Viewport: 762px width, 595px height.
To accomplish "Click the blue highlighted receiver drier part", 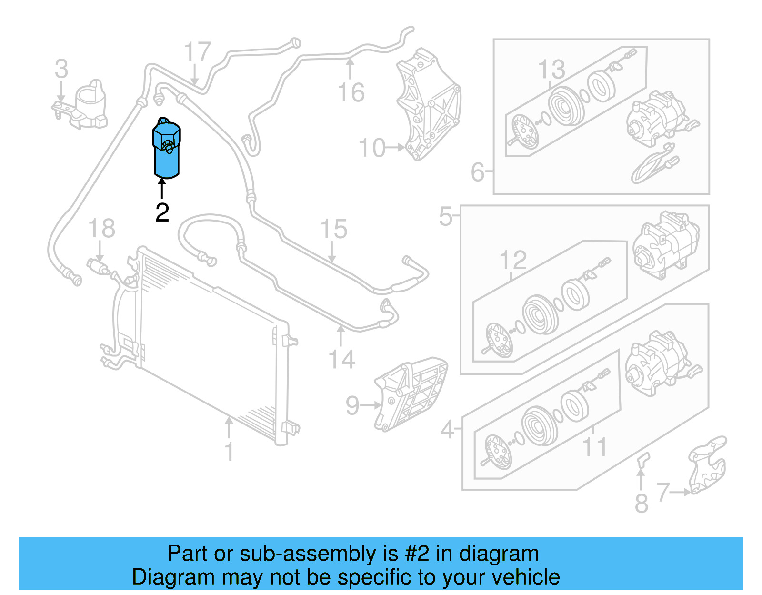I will pyautogui.click(x=166, y=152).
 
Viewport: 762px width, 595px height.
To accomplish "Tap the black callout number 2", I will pyautogui.click(x=162, y=212).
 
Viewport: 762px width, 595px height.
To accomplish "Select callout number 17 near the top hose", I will pyautogui.click(x=197, y=52).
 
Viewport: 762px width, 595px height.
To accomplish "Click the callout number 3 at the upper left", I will pyautogui.click(x=61, y=69).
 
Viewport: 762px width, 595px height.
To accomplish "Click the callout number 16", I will pyautogui.click(x=351, y=92).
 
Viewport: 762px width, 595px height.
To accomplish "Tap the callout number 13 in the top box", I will pyautogui.click(x=551, y=70).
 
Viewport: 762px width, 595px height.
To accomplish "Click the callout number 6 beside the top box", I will pyautogui.click(x=477, y=172).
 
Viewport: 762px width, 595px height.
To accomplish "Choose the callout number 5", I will pyautogui.click(x=445, y=217).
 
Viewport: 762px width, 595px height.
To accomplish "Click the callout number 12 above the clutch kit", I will pyautogui.click(x=513, y=261).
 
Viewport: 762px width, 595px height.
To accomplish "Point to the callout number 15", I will pyautogui.click(x=334, y=230).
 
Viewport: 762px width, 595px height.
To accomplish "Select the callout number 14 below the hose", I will pyautogui.click(x=341, y=360).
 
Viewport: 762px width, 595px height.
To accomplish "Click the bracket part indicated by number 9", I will pyautogui.click(x=412, y=395).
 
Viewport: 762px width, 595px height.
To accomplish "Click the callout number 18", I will pyautogui.click(x=101, y=228).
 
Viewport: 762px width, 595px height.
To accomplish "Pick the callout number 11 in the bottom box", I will pyautogui.click(x=595, y=447).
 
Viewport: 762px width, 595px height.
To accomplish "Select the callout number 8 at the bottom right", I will pyautogui.click(x=642, y=504).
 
